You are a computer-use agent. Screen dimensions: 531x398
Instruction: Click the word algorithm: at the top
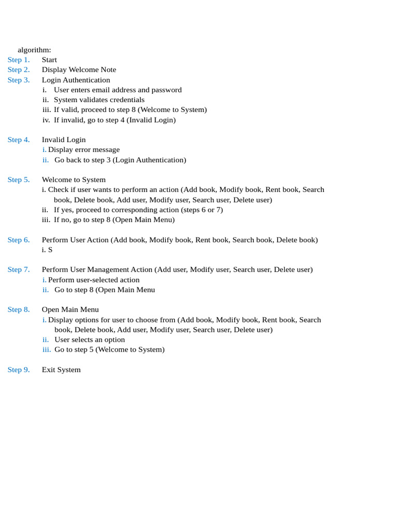(x=34, y=50)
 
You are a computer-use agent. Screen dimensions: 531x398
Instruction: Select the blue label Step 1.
(x=19, y=60)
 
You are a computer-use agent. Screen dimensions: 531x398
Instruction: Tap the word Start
(x=49, y=60)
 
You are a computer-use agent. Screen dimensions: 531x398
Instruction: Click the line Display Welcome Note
(x=79, y=69)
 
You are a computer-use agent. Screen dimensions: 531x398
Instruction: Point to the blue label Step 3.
(x=19, y=80)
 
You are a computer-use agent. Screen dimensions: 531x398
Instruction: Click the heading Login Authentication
(x=76, y=80)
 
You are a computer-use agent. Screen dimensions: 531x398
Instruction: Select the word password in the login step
(x=166, y=90)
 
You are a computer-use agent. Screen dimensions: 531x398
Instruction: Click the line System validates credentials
(x=99, y=100)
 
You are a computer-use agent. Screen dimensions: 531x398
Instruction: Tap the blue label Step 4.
(x=19, y=139)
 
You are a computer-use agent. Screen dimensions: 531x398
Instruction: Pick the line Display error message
(x=83, y=149)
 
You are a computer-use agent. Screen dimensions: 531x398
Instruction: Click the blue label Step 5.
(x=19, y=179)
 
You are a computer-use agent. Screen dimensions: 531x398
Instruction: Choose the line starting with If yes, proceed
(x=138, y=209)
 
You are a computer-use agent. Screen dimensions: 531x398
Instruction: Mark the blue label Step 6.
(x=19, y=240)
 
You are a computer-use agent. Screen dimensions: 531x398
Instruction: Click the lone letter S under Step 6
(x=50, y=249)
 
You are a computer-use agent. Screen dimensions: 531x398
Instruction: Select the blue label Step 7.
(x=19, y=269)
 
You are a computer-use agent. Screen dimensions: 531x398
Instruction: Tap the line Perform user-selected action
(x=93, y=280)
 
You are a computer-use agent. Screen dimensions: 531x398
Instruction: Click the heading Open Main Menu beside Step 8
(x=70, y=310)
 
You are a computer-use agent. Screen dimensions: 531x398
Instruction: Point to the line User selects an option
(x=90, y=340)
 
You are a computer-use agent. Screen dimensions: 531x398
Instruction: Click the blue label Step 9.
(x=19, y=370)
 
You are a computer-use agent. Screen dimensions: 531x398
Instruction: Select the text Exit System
(x=61, y=370)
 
